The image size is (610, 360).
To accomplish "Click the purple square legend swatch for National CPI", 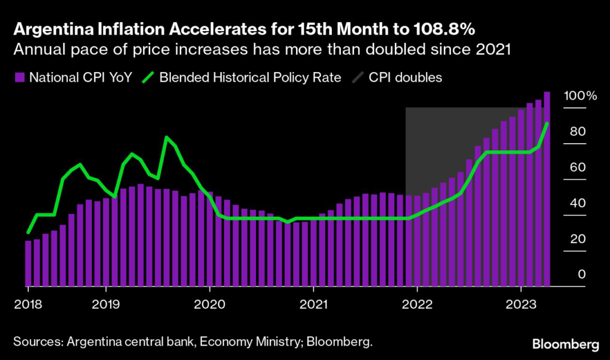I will pyautogui.click(x=19, y=77).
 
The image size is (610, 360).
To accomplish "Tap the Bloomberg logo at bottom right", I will pyautogui.click(x=566, y=344).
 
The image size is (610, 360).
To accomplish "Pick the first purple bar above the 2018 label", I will pyautogui.click(x=28, y=263).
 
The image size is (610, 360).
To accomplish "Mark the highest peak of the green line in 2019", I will pyautogui.click(x=167, y=138).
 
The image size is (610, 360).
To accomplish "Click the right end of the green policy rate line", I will pyautogui.click(x=547, y=123).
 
